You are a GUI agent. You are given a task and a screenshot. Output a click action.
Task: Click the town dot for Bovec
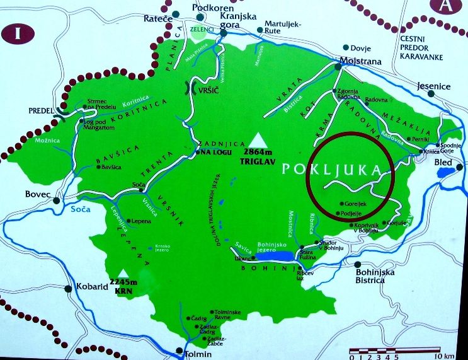point(57,200)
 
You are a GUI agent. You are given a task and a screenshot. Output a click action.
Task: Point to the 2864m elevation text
point(257,152)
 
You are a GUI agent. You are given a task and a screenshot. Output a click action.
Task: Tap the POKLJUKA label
point(332,170)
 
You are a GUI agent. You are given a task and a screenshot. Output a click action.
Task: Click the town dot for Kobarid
point(67,289)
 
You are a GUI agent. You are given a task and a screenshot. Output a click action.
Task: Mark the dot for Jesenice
point(430,94)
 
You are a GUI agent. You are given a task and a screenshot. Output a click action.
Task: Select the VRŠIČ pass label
point(208,91)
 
